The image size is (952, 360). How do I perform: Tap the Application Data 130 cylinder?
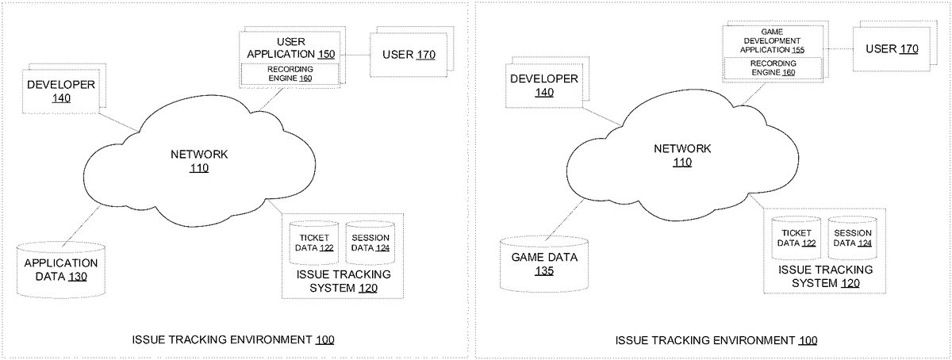(61, 270)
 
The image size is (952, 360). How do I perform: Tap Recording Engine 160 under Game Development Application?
(772, 67)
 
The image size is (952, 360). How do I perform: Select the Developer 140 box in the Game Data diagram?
(543, 85)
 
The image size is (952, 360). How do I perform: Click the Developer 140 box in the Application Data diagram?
(61, 90)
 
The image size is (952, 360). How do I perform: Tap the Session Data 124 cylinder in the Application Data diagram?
(370, 243)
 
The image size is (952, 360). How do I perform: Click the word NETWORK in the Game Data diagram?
(682, 148)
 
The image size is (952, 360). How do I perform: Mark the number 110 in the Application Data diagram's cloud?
(199, 167)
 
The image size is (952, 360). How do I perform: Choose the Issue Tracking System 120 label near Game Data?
(826, 276)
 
